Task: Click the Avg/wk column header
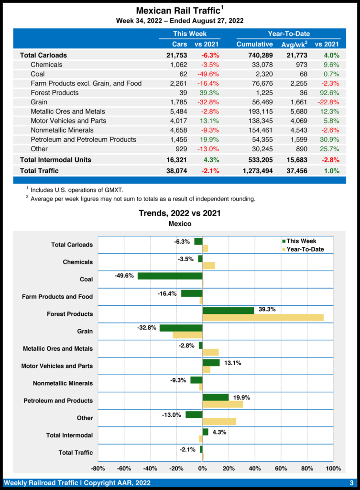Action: pyautogui.click(x=294, y=45)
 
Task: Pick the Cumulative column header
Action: pyautogui.click(x=254, y=45)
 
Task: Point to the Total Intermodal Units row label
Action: pyautogui.click(x=55, y=159)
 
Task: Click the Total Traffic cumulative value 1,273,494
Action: pyautogui.click(x=254, y=171)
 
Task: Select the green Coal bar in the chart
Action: pyautogui.click(x=170, y=276)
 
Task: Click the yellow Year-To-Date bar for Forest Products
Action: pyautogui.click(x=263, y=317)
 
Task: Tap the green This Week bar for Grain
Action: pyautogui.click(x=181, y=328)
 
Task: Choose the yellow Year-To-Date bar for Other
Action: pyautogui.click(x=219, y=422)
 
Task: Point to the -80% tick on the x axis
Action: pyautogui.click(x=98, y=468)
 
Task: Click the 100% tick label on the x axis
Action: pyautogui.click(x=333, y=468)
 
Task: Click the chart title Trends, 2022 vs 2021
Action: pyautogui.click(x=179, y=213)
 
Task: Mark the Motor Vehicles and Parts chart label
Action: pyautogui.click(x=57, y=366)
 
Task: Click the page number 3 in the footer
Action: pyautogui.click(x=351, y=482)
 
